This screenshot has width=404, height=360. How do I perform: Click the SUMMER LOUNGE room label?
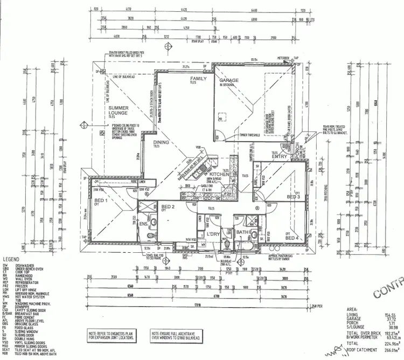(x=119, y=110)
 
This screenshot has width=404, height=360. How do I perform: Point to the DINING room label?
(x=161, y=142)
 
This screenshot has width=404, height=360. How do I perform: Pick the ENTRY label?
(x=280, y=156)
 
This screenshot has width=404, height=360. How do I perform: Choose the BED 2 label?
(x=168, y=206)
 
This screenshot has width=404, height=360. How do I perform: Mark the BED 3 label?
(x=293, y=197)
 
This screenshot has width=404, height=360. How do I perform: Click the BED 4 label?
(x=291, y=238)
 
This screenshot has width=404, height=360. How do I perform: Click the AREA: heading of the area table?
(x=354, y=309)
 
